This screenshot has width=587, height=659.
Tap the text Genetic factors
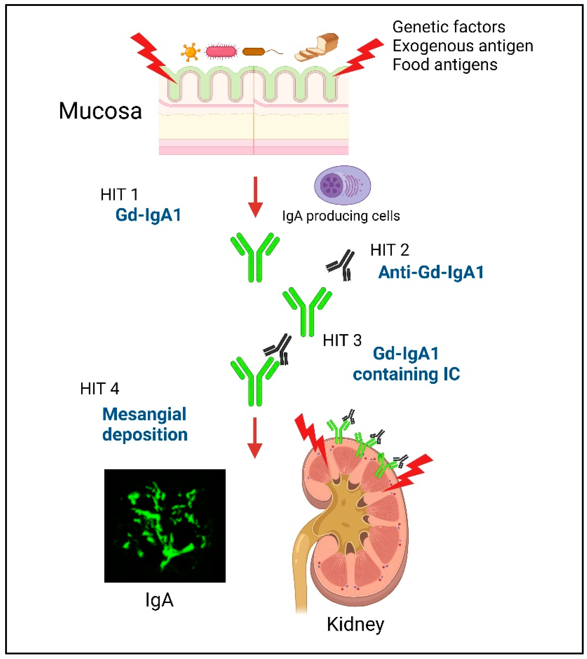coord(449,27)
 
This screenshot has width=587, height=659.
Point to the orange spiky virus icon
coord(190,52)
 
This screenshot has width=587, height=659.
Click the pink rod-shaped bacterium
coord(221,52)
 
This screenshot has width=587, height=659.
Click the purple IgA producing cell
coord(342,185)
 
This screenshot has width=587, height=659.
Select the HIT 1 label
coord(119,195)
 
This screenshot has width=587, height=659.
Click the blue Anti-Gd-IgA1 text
coord(431,273)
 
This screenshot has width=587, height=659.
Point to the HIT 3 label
coord(342,341)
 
